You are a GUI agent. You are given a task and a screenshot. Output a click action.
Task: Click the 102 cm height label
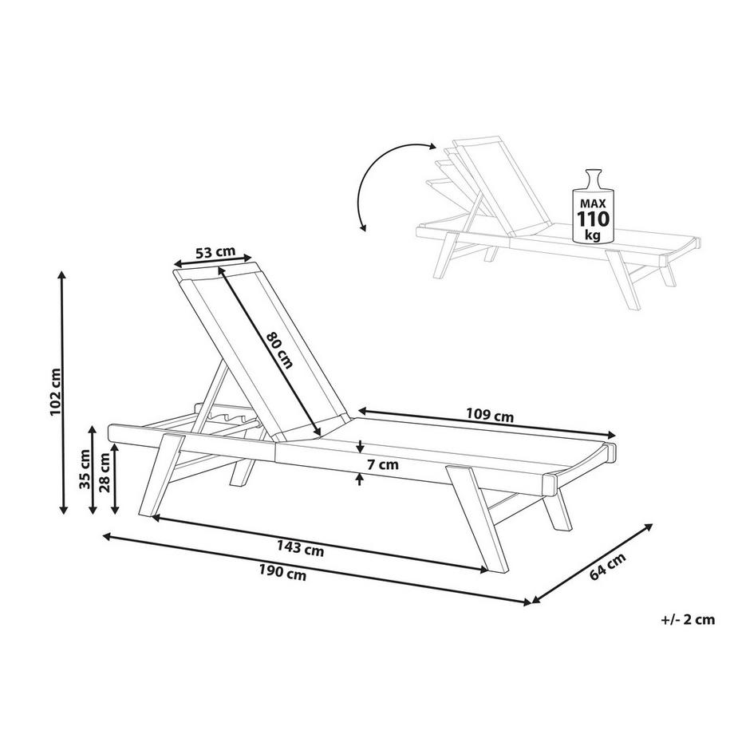[x=55, y=392]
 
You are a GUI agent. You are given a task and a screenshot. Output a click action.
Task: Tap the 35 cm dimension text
[x=85, y=468]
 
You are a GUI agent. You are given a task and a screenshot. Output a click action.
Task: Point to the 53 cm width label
[x=215, y=252]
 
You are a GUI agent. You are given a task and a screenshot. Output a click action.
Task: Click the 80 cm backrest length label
[x=279, y=349]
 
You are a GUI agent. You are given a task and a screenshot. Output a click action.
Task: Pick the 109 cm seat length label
[x=490, y=415]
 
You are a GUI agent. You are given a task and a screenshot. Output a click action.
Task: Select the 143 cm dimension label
[x=300, y=547]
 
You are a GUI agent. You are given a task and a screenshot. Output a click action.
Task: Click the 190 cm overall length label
[x=282, y=571]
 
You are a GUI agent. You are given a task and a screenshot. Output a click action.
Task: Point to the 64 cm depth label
[x=607, y=566]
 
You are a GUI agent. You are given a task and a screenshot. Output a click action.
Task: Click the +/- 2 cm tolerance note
[x=688, y=619]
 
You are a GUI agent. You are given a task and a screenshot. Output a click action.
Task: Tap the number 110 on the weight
[x=593, y=219]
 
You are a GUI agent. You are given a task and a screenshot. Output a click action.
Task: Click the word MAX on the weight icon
[x=593, y=204]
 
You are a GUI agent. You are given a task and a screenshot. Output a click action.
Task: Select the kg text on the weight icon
[x=593, y=235]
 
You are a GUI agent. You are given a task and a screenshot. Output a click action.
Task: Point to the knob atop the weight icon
[x=593, y=179]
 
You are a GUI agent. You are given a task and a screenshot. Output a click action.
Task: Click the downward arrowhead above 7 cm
[x=360, y=448]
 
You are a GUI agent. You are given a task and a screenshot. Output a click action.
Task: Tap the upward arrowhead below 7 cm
[x=360, y=479]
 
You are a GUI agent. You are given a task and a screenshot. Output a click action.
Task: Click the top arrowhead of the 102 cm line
[x=62, y=276]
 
